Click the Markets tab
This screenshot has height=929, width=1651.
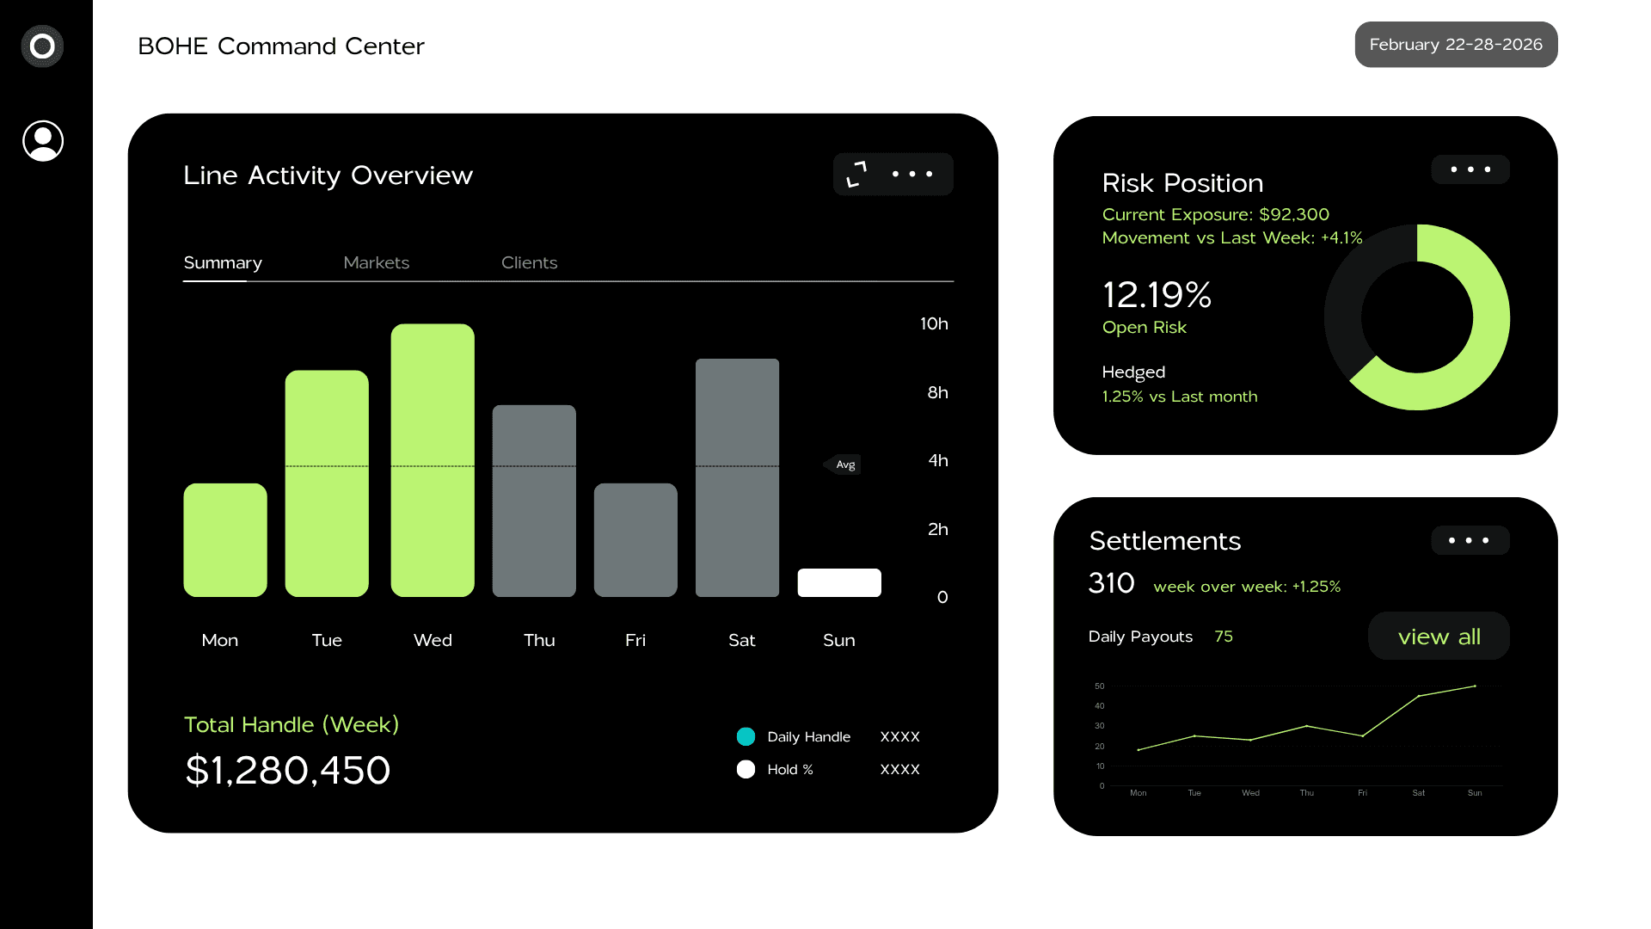[376, 262]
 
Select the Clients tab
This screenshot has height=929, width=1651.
[529, 262]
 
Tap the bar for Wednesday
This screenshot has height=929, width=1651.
[433, 460]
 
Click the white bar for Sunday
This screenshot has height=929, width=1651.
[839, 582]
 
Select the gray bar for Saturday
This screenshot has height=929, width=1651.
[737, 477]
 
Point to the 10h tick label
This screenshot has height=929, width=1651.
[934, 323]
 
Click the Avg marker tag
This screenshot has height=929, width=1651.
[844, 464]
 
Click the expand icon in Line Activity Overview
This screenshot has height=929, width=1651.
[856, 174]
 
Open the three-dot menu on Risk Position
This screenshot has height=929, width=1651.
[1470, 169]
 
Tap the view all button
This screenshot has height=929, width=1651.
[1439, 637]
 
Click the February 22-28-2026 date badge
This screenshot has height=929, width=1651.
[1456, 45]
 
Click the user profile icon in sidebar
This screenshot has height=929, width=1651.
[43, 141]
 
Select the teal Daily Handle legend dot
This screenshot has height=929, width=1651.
[746, 736]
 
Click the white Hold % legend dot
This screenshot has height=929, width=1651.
[746, 769]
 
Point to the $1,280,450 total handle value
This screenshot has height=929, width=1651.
[288, 770]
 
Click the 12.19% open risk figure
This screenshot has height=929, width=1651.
[1157, 295]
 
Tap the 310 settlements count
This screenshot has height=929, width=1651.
[1111, 583]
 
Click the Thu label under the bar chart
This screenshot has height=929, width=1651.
[539, 640]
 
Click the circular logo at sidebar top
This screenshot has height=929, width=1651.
[42, 46]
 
